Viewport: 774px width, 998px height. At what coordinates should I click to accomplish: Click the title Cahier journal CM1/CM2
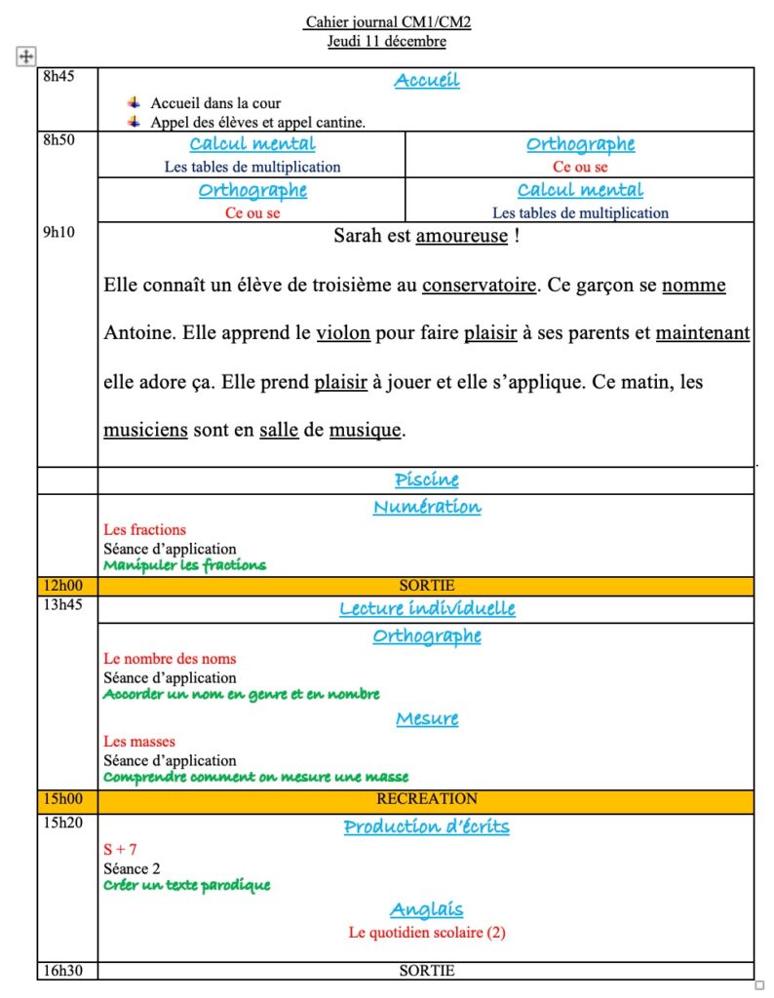[387, 21]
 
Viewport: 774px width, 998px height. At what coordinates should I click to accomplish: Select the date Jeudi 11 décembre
[387, 41]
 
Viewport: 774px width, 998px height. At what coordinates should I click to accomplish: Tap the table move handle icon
[26, 57]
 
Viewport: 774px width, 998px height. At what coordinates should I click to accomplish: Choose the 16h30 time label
[59, 970]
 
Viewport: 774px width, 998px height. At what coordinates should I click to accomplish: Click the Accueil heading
[427, 80]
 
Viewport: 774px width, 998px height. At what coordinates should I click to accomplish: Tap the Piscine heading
[427, 480]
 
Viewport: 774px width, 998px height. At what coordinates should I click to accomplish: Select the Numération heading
[427, 507]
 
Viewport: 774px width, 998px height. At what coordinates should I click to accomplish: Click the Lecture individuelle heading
[427, 609]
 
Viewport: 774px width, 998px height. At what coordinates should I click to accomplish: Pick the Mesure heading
[427, 719]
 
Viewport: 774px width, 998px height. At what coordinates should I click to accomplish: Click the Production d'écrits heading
[426, 826]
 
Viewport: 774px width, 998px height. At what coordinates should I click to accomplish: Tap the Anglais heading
[427, 909]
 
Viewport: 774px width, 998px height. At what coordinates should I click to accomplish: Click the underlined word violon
[343, 333]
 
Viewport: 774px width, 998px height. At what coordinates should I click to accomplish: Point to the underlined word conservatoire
[479, 286]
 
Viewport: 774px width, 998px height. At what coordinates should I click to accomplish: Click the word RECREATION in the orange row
[427, 798]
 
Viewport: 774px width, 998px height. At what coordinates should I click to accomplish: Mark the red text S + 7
[120, 850]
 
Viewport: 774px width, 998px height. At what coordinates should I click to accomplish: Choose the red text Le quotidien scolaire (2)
[427, 933]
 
